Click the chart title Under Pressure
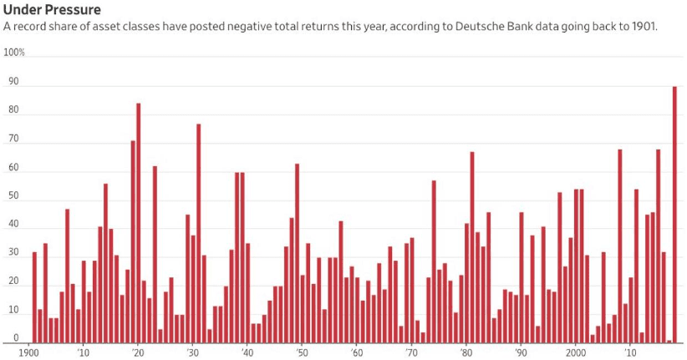[x=52, y=9]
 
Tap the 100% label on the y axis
[x=14, y=52]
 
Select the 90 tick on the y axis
[x=13, y=83]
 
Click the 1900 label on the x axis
[x=29, y=352]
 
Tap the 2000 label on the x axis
[x=575, y=352]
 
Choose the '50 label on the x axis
[x=302, y=352]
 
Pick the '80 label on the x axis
[x=466, y=352]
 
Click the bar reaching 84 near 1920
[x=138, y=222]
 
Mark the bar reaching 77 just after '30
[x=198, y=233]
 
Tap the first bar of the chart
[x=34, y=297]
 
